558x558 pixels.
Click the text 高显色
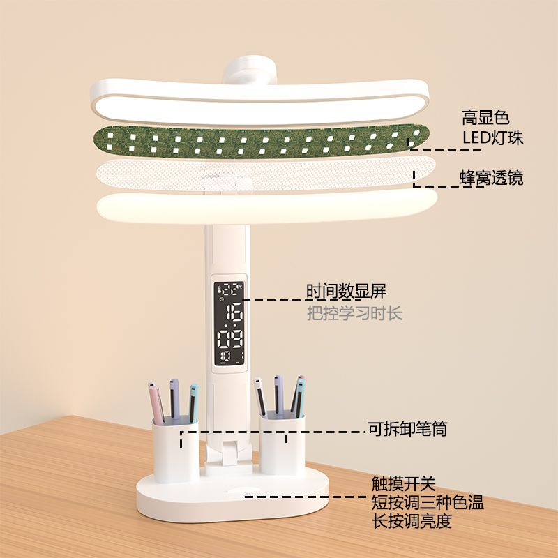[485, 117]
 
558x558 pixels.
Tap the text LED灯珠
[493, 137]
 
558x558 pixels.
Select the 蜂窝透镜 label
[492, 178]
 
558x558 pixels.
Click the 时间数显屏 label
[346, 291]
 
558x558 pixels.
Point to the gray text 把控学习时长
[354, 313]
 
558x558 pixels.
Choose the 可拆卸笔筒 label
[407, 428]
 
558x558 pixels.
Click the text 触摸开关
[404, 483]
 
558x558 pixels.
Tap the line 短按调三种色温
[428, 502]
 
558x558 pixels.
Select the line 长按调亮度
[412, 521]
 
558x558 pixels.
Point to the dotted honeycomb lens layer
[266, 175]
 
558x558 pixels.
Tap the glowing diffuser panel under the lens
[267, 207]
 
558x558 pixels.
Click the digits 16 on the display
[234, 312]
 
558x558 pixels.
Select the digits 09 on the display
[230, 340]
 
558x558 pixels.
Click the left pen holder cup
[176, 449]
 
